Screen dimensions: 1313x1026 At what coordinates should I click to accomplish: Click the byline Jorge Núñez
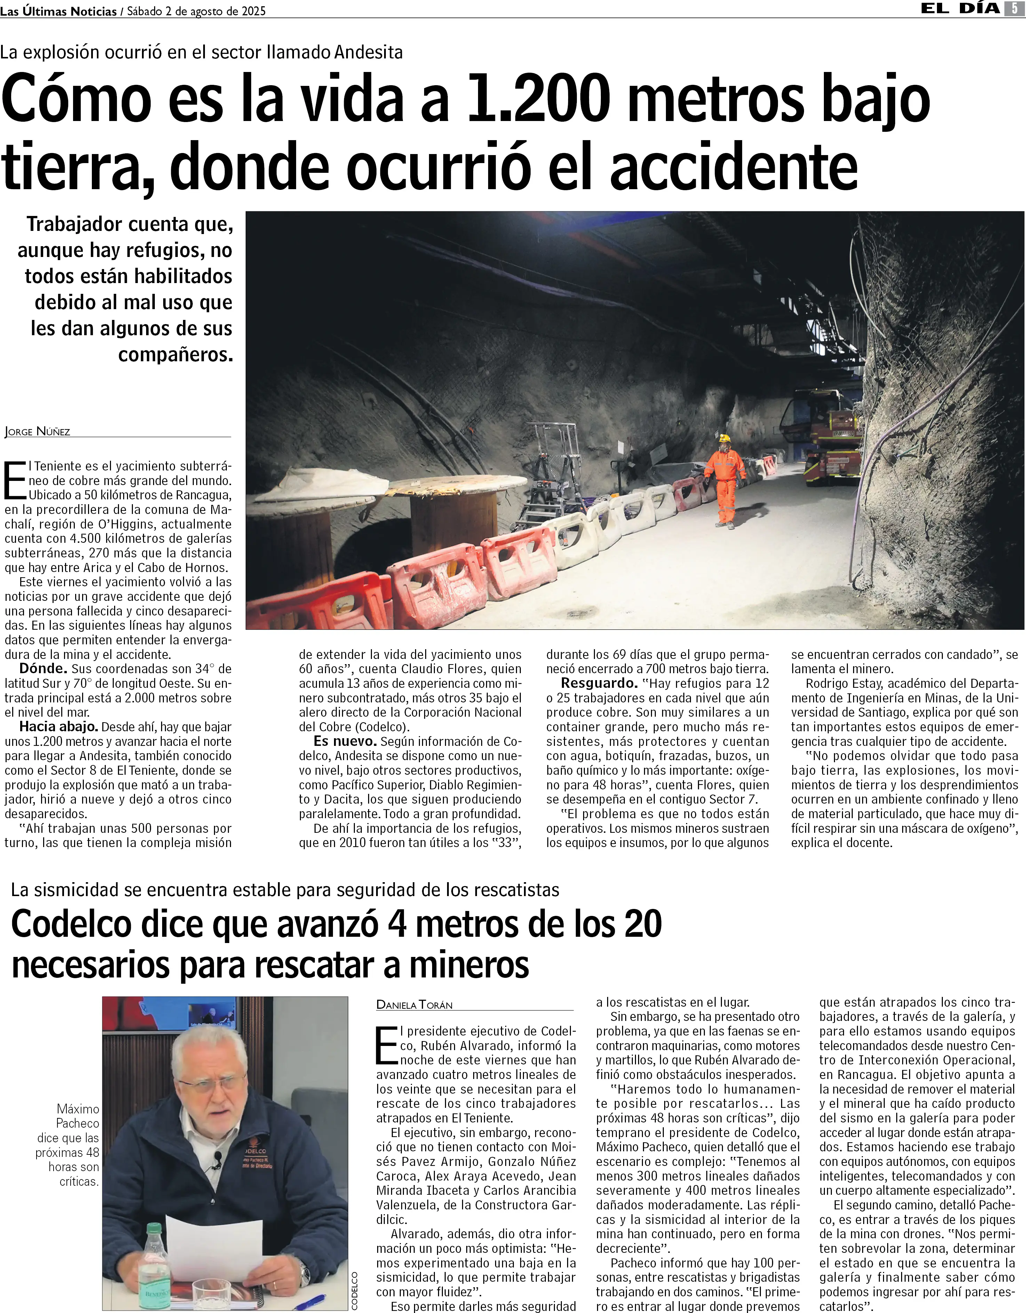(37, 431)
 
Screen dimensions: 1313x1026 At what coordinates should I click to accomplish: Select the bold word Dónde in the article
(42, 669)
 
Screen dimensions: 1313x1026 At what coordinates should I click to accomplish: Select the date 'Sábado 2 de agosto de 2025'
(196, 11)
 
